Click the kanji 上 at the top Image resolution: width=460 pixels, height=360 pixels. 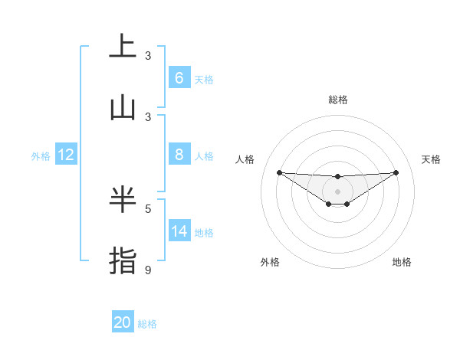click(x=123, y=46)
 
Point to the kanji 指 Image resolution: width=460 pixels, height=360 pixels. click(x=123, y=260)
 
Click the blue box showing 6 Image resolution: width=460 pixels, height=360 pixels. click(x=179, y=77)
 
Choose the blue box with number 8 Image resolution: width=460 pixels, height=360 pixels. click(x=179, y=155)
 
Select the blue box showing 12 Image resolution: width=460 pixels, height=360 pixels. click(x=66, y=155)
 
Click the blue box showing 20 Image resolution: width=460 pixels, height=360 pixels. click(x=123, y=322)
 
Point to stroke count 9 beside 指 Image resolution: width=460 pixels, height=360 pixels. click(x=148, y=270)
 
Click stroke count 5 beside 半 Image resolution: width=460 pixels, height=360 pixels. click(x=148, y=208)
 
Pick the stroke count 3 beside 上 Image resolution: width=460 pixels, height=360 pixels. click(x=148, y=55)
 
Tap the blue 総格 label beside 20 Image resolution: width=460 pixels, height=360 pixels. click(x=147, y=324)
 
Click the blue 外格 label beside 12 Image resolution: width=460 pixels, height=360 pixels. click(x=41, y=155)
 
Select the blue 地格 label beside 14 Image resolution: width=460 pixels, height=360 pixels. click(x=204, y=233)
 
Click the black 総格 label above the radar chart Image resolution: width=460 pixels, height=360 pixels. click(x=337, y=100)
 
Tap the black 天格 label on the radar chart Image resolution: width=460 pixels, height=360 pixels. click(x=431, y=159)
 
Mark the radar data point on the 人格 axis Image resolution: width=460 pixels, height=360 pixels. click(x=279, y=172)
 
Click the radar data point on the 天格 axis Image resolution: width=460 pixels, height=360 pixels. click(x=396, y=172)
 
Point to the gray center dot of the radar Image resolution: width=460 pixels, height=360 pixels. click(x=337, y=191)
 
